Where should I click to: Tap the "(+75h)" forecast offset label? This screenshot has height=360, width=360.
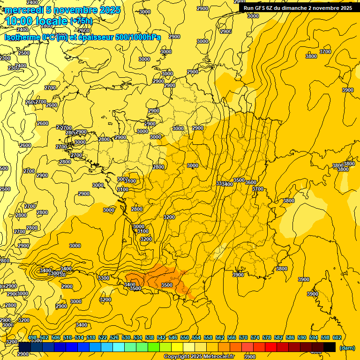(x=81, y=21)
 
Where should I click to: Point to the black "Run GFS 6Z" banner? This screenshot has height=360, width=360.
(x=298, y=8)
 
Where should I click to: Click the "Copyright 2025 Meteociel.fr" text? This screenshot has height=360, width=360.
(x=199, y=357)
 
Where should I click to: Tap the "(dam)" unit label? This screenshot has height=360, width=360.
(x=346, y=348)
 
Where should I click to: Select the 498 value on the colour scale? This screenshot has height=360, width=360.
(x=32, y=337)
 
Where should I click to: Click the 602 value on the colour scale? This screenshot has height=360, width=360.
(x=337, y=337)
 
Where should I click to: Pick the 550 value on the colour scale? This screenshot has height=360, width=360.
(x=185, y=337)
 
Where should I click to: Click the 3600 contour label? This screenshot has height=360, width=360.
(x=251, y=182)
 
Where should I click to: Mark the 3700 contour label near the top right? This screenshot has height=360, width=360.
(x=325, y=52)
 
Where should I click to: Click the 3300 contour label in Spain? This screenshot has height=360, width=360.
(x=104, y=278)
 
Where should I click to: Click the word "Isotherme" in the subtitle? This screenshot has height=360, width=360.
(x=22, y=37)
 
